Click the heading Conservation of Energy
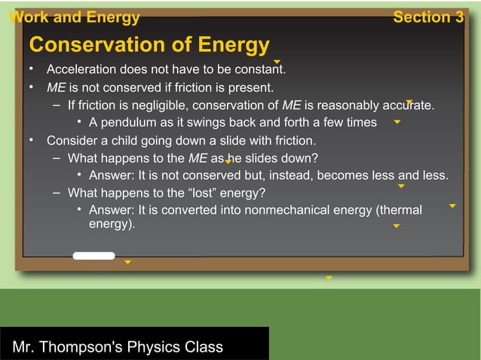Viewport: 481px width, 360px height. (149, 45)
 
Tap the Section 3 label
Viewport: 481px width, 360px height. (427, 17)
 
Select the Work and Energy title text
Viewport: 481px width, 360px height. (74, 17)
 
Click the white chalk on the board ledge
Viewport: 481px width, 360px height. (93, 256)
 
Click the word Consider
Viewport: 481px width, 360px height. (72, 140)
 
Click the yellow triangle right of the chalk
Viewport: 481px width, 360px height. (127, 262)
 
